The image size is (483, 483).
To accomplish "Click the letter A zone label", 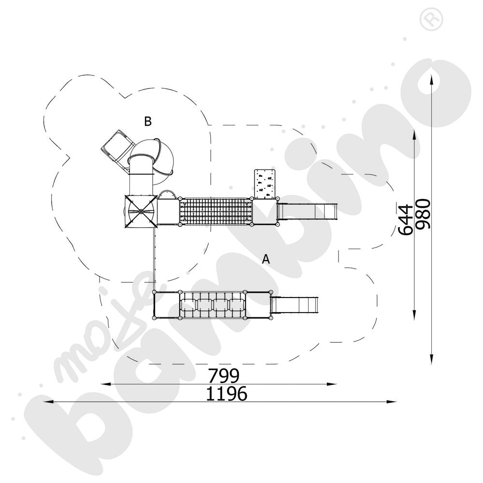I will [x=266, y=259].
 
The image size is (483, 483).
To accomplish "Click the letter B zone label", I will [x=148, y=121].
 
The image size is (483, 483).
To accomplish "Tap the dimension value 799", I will [x=224, y=375].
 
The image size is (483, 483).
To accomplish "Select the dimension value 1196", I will [x=227, y=394].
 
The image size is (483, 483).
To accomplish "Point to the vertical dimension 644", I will [x=406, y=219].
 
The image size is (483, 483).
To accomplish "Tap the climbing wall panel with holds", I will [x=264, y=184].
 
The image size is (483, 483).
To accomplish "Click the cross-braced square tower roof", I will [x=140, y=211].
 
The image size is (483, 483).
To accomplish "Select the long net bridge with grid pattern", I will [x=215, y=212].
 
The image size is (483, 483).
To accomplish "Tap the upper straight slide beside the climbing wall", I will [x=306, y=211].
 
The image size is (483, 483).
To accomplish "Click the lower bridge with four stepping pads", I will [x=212, y=305].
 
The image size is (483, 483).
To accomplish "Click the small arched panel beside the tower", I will [x=168, y=194].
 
